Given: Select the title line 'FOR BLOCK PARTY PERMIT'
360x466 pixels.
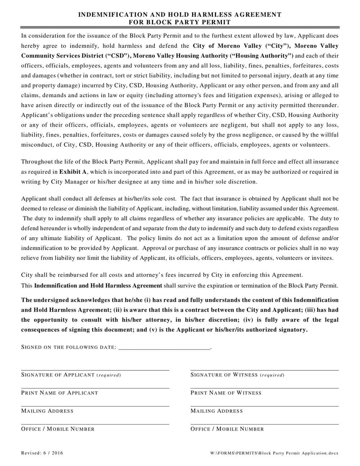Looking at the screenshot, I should coord(180,22).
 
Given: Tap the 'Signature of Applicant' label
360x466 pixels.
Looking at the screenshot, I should coord(71,375).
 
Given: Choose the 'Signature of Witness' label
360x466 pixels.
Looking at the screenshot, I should coord(237,375).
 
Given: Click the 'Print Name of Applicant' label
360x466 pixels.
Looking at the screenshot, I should coord(59,393).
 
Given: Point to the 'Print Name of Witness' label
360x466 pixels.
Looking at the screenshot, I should coord(225,393).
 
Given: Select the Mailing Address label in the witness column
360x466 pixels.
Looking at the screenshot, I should coord(216,411).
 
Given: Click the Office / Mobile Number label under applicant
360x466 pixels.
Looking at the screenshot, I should coord(58,429).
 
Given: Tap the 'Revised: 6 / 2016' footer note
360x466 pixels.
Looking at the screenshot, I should coord(42,452).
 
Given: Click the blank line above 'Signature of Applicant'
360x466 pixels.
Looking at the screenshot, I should coord(95,370).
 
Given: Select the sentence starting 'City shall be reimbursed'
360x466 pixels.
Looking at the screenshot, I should coord(162,275).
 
